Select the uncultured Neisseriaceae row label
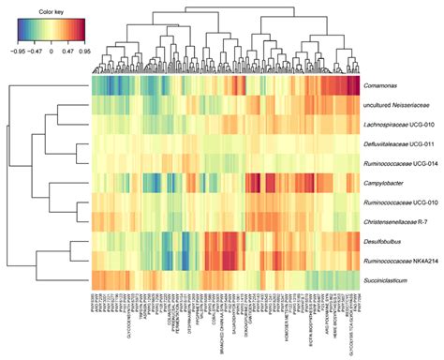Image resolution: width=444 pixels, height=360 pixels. coord(396,106)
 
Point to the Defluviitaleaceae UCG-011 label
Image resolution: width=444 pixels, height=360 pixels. coord(400,143)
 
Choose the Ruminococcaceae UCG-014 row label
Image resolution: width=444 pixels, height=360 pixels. coord(400,162)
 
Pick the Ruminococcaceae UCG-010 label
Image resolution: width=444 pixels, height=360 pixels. coord(400,202)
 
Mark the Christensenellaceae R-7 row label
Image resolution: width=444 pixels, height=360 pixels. coord(398,220)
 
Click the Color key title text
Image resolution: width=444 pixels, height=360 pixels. coord(50,10)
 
